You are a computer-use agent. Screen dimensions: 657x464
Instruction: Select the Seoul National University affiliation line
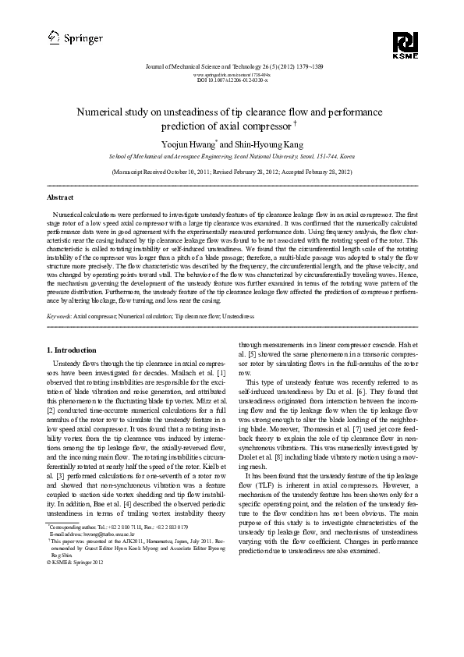tap(232, 156)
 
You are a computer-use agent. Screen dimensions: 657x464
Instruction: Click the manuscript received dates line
tap(232, 170)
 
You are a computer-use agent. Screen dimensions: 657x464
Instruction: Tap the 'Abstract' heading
tap(61, 198)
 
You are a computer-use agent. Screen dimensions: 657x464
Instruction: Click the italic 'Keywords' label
tap(59, 316)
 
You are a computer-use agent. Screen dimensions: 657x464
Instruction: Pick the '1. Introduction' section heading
tap(73, 350)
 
